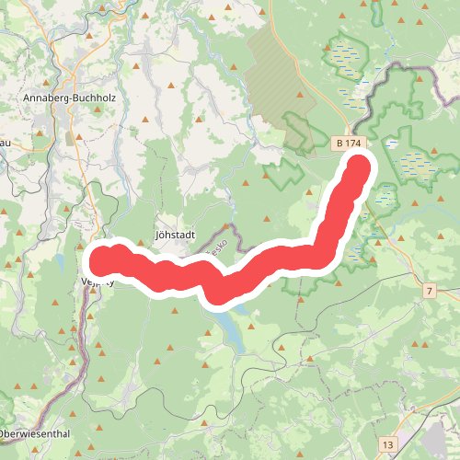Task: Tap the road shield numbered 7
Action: point(429,291)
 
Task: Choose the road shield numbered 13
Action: point(389,444)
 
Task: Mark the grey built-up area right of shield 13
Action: point(432,432)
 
